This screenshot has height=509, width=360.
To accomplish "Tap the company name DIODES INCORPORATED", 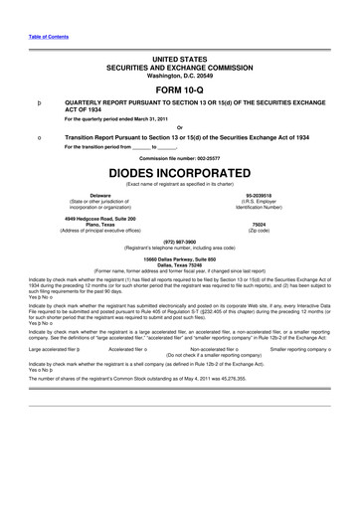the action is (179, 173).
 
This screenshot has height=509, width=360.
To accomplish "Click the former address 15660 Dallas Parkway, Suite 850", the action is (179, 257).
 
